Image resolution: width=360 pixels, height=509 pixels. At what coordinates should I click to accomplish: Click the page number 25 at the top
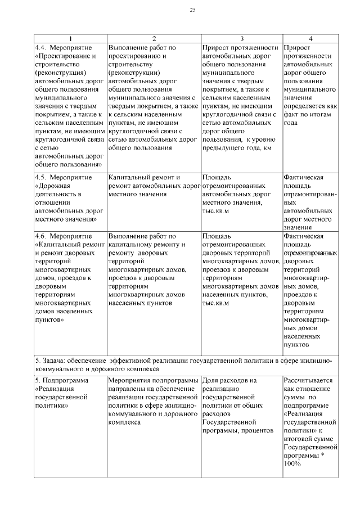click(192, 10)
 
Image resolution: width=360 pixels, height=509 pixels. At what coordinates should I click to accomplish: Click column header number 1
click(70, 39)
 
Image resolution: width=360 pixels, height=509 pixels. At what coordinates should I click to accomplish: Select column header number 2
click(154, 39)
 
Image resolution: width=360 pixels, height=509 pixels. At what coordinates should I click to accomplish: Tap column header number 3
click(241, 39)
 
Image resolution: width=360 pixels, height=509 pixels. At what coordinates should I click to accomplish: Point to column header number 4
click(310, 39)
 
